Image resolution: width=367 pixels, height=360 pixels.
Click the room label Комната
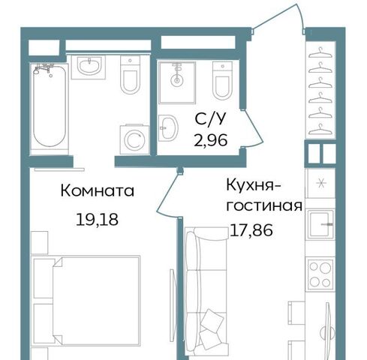pos(98,191)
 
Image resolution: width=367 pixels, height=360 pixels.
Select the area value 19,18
pos(97,220)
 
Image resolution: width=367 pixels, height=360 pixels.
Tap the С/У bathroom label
pos(210,119)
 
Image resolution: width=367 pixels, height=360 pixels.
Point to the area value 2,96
pos(211,140)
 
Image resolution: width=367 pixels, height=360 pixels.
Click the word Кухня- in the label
pos(254,186)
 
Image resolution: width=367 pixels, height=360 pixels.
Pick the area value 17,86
pos(251,230)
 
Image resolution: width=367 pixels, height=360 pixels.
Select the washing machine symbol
pos(135,139)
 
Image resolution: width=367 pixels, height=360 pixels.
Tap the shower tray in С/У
pos(177,82)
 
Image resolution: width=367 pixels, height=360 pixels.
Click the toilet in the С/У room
pos(222,80)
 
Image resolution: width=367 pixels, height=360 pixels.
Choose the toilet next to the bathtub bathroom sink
pos(130,74)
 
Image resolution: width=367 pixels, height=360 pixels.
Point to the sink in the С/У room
pos(168,128)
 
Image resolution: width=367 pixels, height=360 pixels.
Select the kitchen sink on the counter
pos(320,224)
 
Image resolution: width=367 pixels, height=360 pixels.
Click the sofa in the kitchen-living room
pos(206,289)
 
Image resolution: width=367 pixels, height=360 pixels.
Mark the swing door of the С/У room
pos(253,128)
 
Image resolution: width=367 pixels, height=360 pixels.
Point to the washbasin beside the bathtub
pos(89,67)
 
